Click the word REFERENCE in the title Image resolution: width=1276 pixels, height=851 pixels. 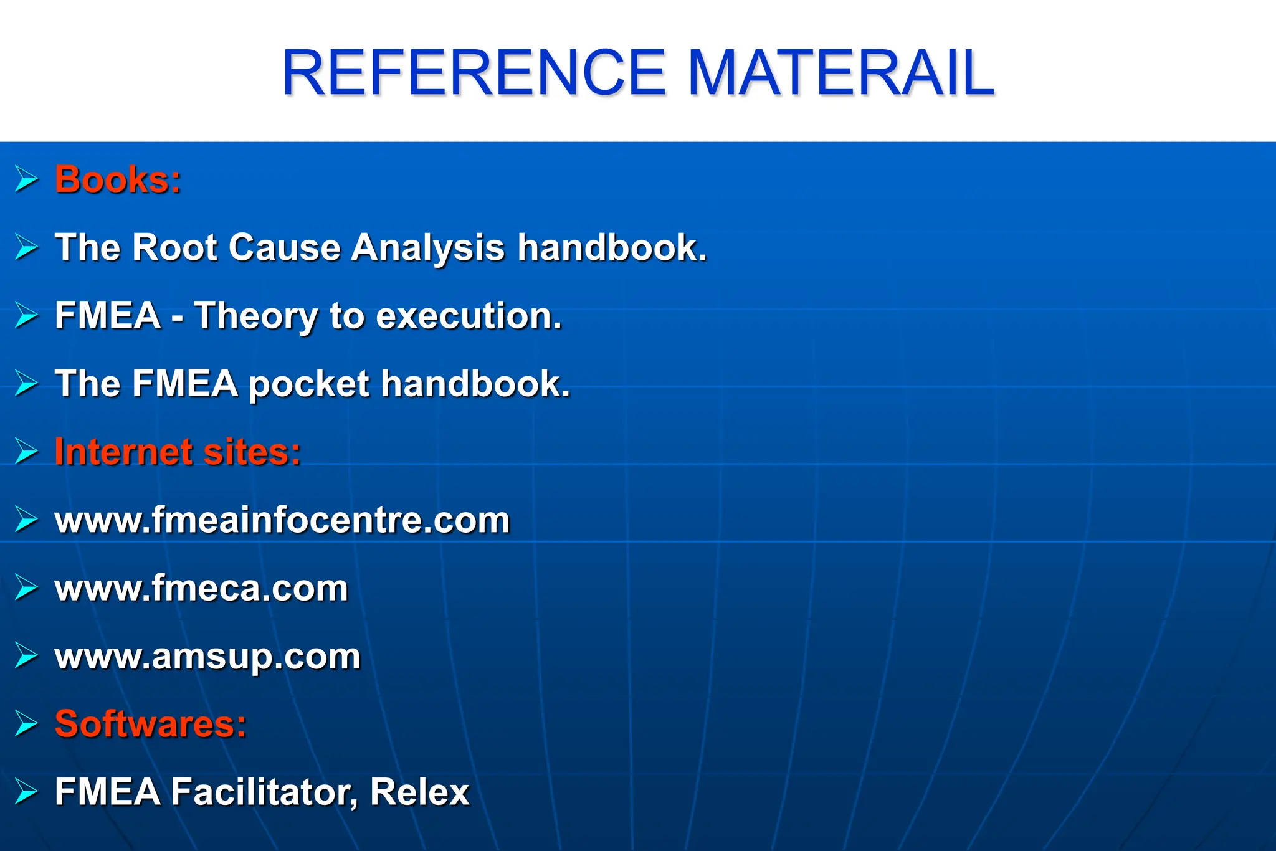tap(474, 74)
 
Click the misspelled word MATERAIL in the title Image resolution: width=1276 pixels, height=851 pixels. tap(840, 74)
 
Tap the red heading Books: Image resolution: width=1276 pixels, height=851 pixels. tap(118, 180)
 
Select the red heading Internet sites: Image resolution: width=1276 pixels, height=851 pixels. tap(178, 452)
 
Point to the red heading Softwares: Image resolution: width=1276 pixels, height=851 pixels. tap(151, 724)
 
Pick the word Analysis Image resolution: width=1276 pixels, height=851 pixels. tap(427, 248)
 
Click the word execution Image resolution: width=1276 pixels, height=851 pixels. tap(469, 316)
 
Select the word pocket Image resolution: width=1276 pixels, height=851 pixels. tap(309, 384)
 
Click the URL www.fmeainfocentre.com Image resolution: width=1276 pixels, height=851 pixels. tap(282, 520)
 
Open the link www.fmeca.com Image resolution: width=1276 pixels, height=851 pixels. tap(201, 588)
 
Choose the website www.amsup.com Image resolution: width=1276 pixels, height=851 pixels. tap(207, 656)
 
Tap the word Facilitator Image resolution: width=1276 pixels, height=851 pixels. tap(264, 792)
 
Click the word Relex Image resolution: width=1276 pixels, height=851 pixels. tap(419, 792)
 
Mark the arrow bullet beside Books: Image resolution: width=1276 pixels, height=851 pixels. tap(27, 180)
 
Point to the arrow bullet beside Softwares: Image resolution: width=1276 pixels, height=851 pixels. tap(27, 724)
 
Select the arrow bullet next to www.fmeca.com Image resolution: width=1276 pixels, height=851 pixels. tap(27, 588)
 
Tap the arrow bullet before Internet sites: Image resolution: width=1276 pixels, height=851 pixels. tap(27, 452)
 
